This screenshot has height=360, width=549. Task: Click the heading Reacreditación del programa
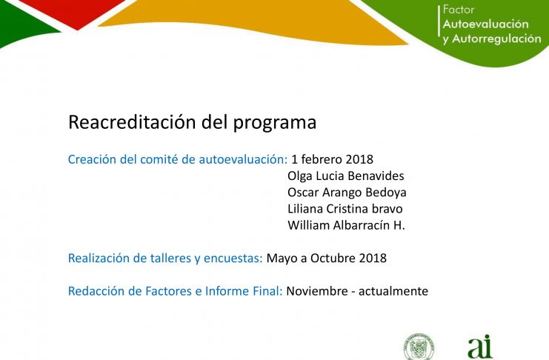tap(192, 122)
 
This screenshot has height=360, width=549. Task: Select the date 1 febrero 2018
tap(332, 159)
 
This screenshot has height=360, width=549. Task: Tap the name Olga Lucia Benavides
tap(346, 176)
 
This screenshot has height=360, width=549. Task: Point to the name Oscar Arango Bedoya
tap(347, 193)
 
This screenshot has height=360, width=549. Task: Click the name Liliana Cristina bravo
tap(345, 209)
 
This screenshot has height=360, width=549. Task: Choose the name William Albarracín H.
tap(346, 225)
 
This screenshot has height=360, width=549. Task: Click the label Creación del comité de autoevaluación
tap(178, 159)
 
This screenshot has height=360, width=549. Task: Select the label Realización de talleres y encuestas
tap(165, 258)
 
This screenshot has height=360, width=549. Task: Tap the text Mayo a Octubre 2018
tap(327, 258)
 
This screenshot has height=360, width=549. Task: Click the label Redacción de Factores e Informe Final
tap(175, 291)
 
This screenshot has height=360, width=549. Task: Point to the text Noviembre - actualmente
tap(357, 291)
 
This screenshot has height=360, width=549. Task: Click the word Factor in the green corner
tap(459, 10)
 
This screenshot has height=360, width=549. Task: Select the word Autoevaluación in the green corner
tap(485, 24)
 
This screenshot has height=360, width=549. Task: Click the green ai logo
tap(480, 347)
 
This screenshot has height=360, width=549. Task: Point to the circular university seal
tap(419, 347)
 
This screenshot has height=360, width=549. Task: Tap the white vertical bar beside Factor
tap(439, 21)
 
